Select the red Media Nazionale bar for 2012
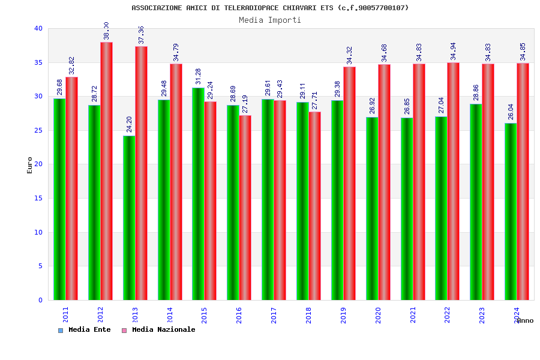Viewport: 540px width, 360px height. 106,171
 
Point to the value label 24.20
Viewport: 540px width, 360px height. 129,124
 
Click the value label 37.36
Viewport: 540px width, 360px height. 141,35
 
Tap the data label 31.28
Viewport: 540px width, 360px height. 199,76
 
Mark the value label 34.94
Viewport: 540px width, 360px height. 454,51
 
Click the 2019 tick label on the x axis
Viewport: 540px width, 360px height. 343,315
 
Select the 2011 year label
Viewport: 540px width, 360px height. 65,315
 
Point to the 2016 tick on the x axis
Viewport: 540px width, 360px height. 239,315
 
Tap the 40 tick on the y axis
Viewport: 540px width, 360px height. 38,28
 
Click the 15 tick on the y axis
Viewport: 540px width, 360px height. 38,198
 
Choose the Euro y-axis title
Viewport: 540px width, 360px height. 30,165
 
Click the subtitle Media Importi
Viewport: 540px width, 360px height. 270,20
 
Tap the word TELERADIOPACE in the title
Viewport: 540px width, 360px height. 251,8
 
